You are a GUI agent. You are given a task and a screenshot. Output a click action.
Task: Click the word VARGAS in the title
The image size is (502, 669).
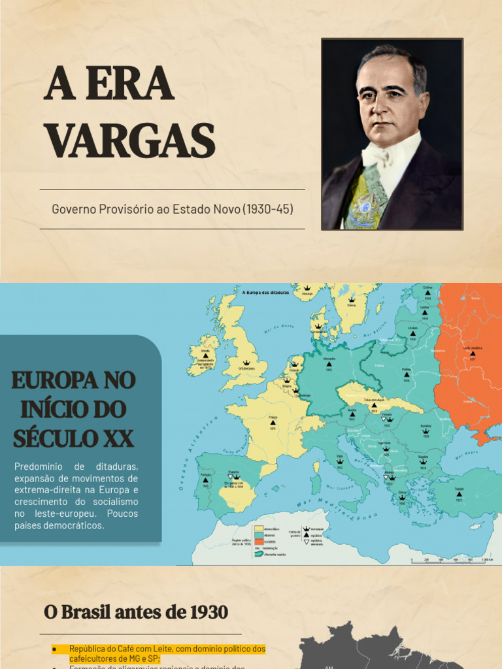coord(129,140)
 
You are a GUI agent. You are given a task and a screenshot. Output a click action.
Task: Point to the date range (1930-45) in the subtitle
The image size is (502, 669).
coord(268,209)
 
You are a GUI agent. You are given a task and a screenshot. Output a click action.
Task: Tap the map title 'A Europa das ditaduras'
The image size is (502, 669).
coord(265,293)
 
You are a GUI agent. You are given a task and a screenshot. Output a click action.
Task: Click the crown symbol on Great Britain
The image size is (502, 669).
coord(246,362)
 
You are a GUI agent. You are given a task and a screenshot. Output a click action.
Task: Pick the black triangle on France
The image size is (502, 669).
coord(273,423)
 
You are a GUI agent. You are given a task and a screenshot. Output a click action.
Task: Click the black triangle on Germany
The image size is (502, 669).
coord(329,364)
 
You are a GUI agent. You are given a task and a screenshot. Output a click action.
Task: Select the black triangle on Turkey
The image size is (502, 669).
coord(460,494)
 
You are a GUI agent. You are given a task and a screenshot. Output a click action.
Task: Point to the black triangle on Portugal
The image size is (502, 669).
coord(207,480)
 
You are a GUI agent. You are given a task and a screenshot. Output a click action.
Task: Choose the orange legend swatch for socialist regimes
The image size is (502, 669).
coord(260,542)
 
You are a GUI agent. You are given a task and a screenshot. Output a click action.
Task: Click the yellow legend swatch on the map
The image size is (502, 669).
coord(260,528)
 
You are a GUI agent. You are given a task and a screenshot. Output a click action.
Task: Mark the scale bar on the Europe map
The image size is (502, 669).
coord(451,559)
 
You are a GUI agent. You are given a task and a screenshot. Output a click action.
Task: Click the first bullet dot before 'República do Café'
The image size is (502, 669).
coord(55,649)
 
